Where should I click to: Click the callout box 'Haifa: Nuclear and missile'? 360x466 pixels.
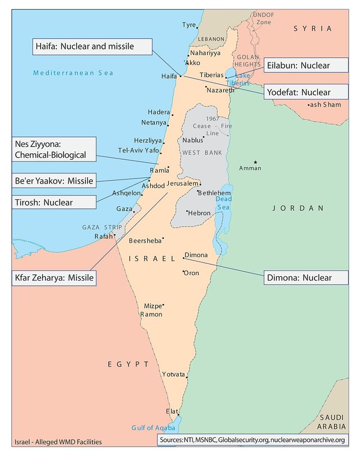point(91,46)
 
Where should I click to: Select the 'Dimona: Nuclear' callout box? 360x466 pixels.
point(305,277)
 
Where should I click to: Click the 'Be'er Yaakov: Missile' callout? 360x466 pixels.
point(53,181)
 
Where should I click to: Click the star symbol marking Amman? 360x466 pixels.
point(256,162)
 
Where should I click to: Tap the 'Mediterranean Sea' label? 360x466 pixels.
point(73,73)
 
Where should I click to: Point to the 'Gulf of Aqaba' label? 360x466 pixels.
point(154,428)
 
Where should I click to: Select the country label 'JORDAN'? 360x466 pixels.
point(298,208)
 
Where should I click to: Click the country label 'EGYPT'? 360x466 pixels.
point(128,364)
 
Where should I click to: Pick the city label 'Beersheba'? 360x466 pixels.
point(145,241)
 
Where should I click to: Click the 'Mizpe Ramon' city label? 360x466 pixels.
point(151,310)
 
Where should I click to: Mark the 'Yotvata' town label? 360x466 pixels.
point(173,374)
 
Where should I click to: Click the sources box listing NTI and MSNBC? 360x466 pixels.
point(251,440)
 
